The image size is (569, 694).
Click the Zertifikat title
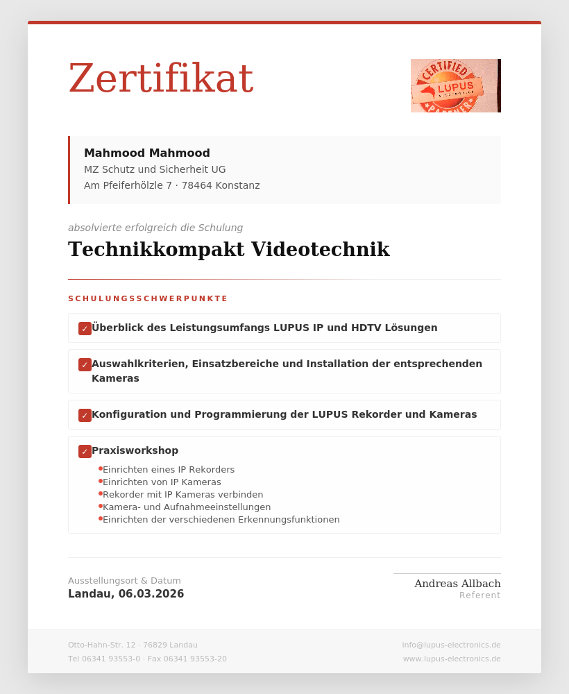160,78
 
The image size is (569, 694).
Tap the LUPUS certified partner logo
455,86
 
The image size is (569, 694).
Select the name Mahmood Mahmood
147,153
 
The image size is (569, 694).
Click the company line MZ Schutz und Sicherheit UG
155,169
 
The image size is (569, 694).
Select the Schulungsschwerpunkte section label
148,298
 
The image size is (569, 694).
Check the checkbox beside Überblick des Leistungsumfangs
85,328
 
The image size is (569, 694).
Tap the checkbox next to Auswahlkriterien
85,364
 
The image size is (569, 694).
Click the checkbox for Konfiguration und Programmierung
85,415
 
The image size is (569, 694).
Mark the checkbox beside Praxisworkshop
85,451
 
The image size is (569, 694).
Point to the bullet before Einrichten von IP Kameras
101,481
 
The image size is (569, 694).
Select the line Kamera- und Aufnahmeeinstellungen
187,507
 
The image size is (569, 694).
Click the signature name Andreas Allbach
457,584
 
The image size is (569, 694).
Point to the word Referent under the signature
479,595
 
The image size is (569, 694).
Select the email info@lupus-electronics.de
451,645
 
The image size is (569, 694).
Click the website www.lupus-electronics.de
452,659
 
